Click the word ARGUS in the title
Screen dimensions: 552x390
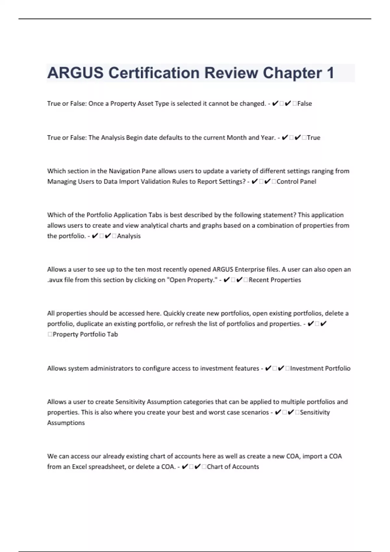[x=75, y=73]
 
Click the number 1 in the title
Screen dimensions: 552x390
[x=331, y=73]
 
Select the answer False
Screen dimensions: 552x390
[x=305, y=104]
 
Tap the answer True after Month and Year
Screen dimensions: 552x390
[x=314, y=138]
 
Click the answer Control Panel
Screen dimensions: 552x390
[x=296, y=182]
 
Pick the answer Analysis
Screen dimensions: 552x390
[x=129, y=236]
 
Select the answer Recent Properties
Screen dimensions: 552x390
[x=275, y=280]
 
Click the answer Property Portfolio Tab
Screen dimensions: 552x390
[x=85, y=334]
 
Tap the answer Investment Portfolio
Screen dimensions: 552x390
[x=320, y=369]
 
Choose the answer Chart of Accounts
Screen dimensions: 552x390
[x=233, y=467]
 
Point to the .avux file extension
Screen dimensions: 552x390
[x=55, y=280]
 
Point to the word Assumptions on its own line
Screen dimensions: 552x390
[x=66, y=423]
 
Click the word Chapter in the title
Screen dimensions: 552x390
[x=292, y=73]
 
